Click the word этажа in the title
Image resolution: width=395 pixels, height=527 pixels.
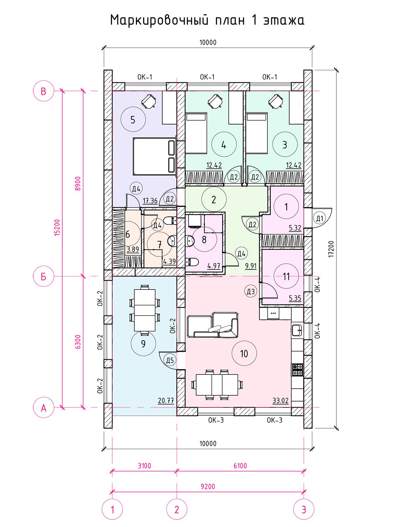pos(284,20)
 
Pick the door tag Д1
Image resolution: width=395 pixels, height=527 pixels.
pos(320,218)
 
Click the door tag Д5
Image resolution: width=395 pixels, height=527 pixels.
pos(170,360)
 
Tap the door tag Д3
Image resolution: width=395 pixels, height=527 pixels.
pos(250,291)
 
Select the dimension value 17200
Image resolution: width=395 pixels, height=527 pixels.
pos(331,249)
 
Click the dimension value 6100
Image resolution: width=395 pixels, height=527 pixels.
pos(240,466)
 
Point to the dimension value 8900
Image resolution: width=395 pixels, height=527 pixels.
pos(78,184)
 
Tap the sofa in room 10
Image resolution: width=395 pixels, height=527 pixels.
pos(213,325)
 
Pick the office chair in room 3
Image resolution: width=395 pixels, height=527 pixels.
pos(276,101)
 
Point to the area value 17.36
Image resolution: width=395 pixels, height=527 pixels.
pos(150,201)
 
